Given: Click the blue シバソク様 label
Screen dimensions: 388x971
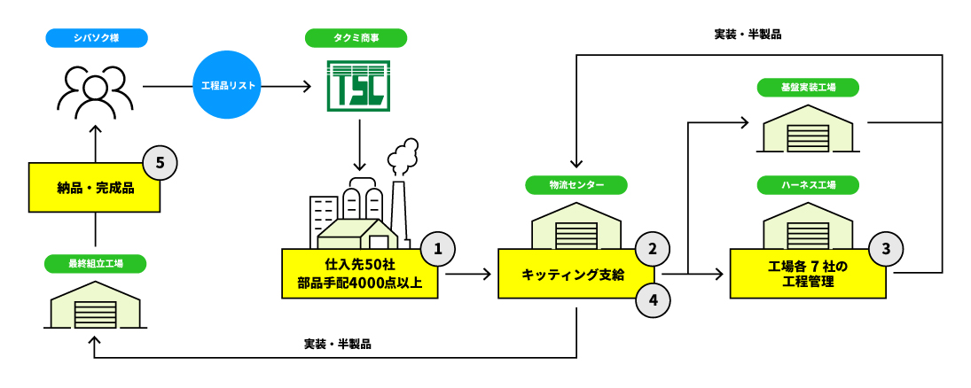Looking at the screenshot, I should (x=96, y=38).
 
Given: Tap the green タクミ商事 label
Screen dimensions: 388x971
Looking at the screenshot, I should (x=356, y=38).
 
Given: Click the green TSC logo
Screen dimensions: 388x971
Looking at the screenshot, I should (x=358, y=86).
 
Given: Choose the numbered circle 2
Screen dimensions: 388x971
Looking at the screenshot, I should (x=652, y=249).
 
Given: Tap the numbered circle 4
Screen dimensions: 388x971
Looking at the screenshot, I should (x=652, y=299).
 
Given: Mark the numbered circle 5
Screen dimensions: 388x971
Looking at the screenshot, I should (x=160, y=162).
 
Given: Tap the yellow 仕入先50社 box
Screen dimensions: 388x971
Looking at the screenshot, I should (x=359, y=274).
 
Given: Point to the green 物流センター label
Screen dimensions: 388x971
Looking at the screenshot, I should (x=576, y=185).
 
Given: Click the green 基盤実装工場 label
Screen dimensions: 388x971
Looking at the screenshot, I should (x=807, y=87).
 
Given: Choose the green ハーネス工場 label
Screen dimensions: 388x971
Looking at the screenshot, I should (x=807, y=185).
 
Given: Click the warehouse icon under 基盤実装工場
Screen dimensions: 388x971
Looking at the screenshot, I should (x=808, y=129).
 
